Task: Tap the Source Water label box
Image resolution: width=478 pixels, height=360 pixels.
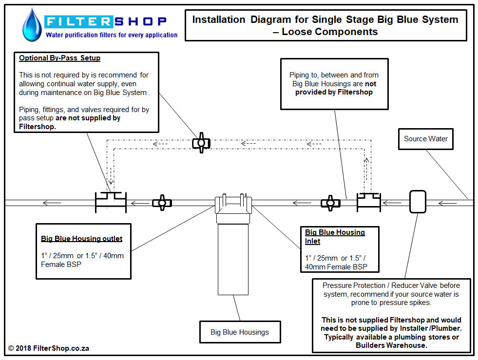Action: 425,139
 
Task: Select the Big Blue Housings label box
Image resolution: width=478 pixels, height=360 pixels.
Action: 240,332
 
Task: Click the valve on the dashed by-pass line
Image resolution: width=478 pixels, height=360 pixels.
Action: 201,143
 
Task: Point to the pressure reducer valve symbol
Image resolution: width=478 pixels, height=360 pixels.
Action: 418,202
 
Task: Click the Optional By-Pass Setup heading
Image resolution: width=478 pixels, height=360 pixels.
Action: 60,58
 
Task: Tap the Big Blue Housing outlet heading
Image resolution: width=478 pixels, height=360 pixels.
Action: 82,238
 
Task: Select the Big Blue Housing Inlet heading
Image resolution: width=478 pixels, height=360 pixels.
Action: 335,237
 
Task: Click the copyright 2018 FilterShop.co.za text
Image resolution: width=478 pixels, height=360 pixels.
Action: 49,348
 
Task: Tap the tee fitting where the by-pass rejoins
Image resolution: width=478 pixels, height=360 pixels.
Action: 111,202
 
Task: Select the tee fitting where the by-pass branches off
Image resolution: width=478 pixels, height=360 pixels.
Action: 369,202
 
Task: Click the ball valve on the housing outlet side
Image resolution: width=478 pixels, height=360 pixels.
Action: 162,203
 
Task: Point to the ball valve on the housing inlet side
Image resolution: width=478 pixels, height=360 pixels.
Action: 330,203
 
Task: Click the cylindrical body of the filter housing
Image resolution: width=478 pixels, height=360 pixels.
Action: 233,259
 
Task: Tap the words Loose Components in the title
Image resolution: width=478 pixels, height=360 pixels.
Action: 329,32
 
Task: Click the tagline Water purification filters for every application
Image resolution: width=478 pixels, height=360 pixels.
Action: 112,35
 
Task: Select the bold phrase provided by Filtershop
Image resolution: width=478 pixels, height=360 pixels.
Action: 334,92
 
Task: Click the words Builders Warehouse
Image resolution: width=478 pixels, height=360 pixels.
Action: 391,345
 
